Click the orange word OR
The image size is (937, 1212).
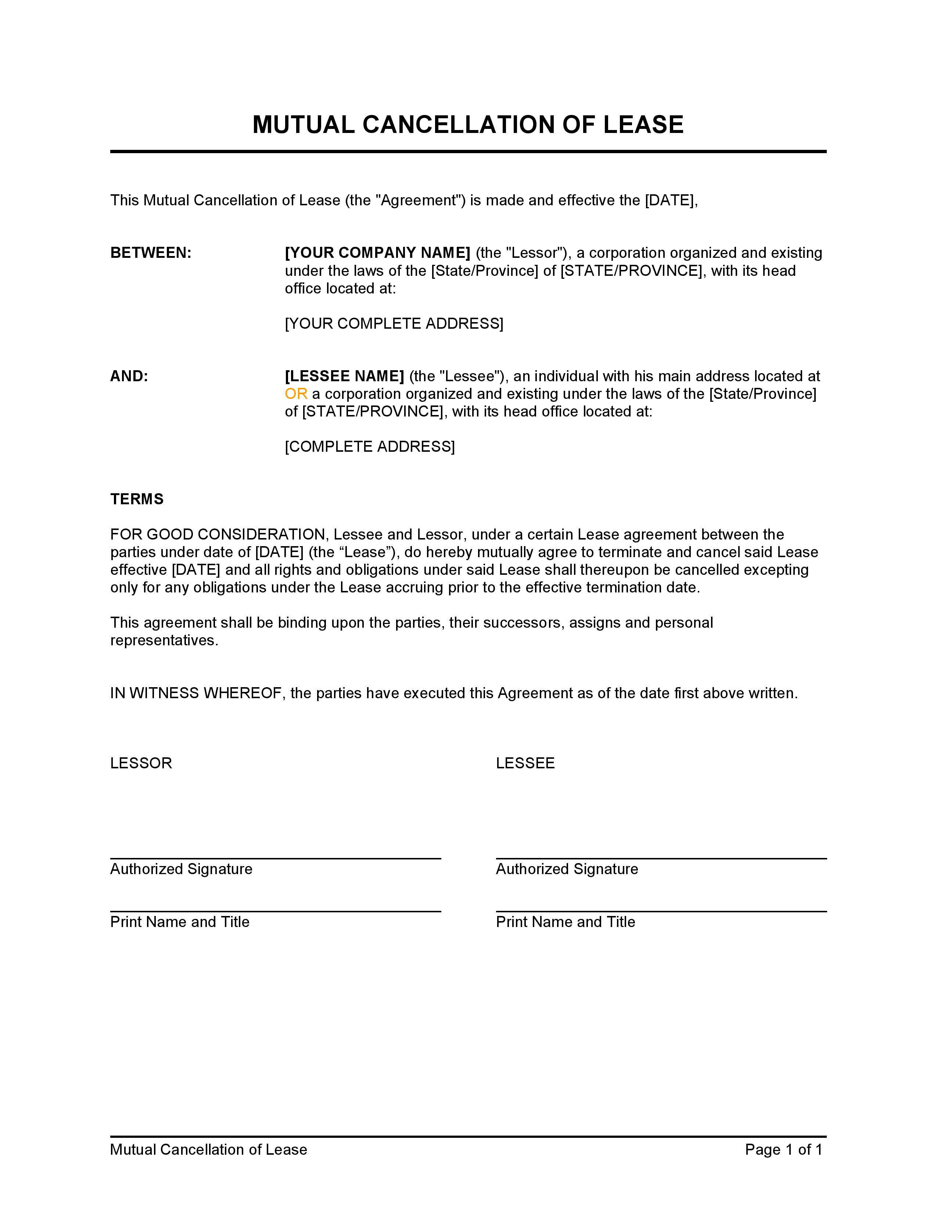(296, 394)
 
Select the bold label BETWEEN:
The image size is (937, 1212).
(150, 253)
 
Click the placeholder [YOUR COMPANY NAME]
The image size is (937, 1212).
(377, 253)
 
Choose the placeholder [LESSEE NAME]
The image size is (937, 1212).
(344, 376)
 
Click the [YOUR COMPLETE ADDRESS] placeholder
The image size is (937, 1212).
(394, 324)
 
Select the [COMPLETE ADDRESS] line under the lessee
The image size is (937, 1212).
(370, 447)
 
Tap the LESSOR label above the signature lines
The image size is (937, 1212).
(141, 763)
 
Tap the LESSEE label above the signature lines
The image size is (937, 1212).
(525, 763)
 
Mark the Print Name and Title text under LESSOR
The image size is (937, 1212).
(180, 922)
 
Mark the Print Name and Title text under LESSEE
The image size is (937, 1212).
(565, 922)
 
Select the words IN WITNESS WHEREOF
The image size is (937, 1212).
(196, 693)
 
